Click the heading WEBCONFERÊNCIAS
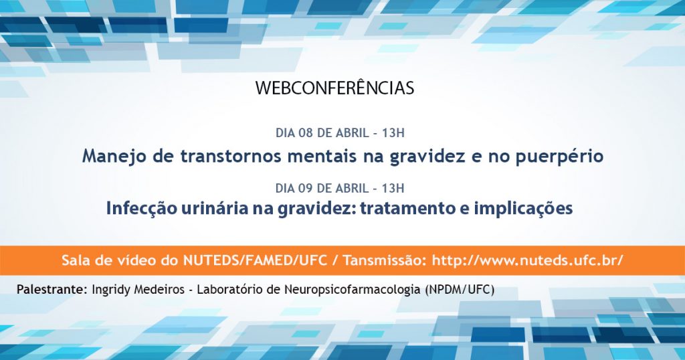pos(334,88)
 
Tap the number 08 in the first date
pos(306,132)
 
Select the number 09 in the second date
pos(306,188)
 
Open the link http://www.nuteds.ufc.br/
pos(527,260)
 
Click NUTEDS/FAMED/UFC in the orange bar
pos(255,260)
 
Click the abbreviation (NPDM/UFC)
pos(459,290)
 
